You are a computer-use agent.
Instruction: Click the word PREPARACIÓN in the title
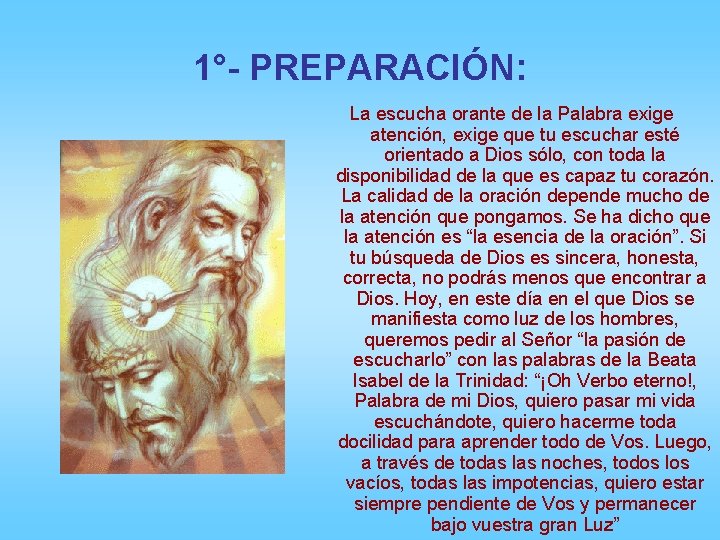click(x=387, y=68)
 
